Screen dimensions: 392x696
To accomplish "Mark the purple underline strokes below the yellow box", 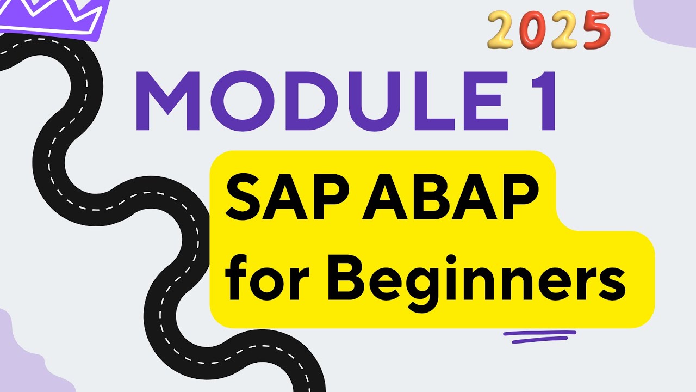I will [x=538, y=336].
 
